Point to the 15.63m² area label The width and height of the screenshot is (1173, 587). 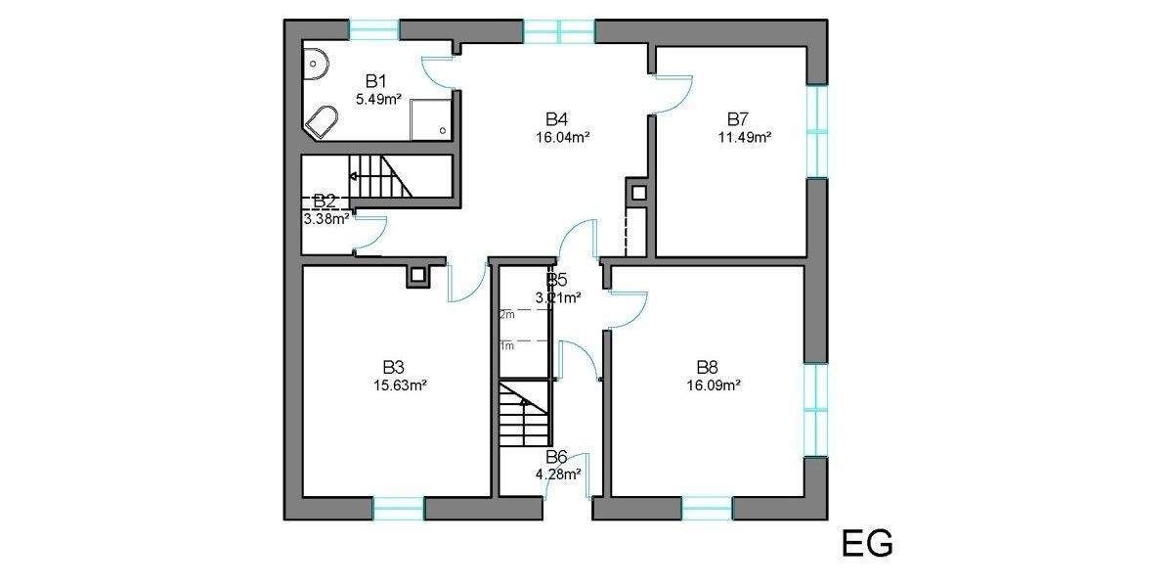399,384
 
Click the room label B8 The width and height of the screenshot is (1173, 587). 708,367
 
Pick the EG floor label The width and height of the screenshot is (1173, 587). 867,544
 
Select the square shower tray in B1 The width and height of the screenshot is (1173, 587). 430,117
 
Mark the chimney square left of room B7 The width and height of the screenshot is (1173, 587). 637,193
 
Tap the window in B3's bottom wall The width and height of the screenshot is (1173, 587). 399,508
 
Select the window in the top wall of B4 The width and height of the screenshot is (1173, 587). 559,31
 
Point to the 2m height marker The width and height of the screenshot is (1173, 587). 507,315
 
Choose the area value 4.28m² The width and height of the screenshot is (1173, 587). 558,474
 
